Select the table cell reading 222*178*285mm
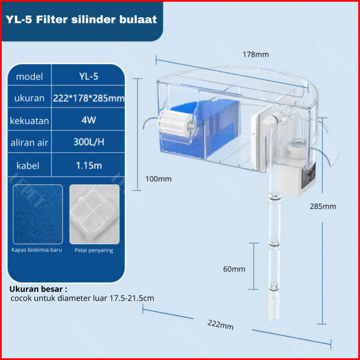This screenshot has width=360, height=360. pyautogui.click(x=88, y=98)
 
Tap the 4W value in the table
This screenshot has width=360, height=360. pyautogui.click(x=88, y=120)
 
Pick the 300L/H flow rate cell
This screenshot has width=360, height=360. pyautogui.click(x=88, y=142)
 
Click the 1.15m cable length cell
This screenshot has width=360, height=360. pyautogui.click(x=88, y=165)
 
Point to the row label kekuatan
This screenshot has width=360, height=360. pyautogui.click(x=29, y=121)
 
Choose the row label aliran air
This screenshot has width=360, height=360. pyautogui.click(x=29, y=143)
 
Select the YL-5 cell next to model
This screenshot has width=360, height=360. pyautogui.click(x=88, y=77)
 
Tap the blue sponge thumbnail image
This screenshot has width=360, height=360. pyautogui.click(x=38, y=214)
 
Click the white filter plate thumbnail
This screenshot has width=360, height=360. pyautogui.click(x=94, y=214)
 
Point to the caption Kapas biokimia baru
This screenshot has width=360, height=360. pyautogui.click(x=37, y=250)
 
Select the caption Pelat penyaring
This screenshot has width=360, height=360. pyautogui.click(x=94, y=250)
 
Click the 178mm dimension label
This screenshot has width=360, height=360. pyautogui.click(x=256, y=55)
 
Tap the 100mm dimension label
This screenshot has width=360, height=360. pyautogui.click(x=158, y=179)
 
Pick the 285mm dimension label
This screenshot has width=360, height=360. pyautogui.click(x=323, y=206)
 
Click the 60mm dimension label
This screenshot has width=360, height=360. pyautogui.click(x=234, y=269)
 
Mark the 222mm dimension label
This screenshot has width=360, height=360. pyautogui.click(x=220, y=324)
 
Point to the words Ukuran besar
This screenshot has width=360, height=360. pyautogui.click(x=38, y=289)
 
